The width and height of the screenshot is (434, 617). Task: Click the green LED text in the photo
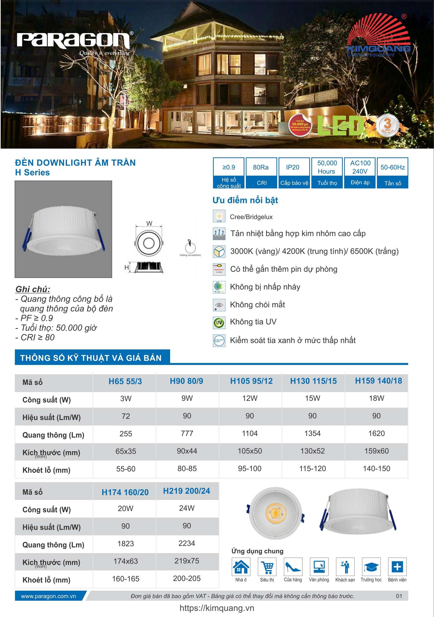341,125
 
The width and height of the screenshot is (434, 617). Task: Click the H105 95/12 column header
251,381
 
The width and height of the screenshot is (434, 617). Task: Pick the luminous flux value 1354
312,433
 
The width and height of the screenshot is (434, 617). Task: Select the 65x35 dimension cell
125,451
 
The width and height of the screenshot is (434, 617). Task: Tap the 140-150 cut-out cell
376,468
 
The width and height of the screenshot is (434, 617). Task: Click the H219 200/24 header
186,491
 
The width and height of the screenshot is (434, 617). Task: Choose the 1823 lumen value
125,543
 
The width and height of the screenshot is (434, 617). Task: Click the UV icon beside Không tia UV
219,322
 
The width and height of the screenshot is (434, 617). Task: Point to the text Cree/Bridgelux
251,217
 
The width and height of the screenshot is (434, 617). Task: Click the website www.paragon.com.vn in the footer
49,596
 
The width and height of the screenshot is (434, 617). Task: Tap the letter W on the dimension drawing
149,223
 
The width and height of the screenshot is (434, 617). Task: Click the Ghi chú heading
33,289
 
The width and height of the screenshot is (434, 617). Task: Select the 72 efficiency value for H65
125,416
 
